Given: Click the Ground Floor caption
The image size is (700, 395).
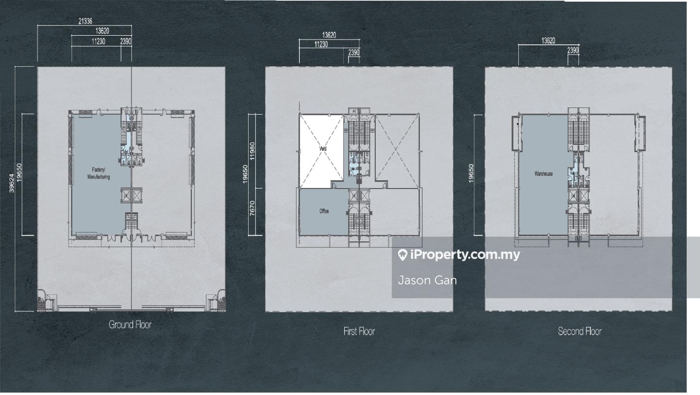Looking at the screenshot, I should tap(130, 324).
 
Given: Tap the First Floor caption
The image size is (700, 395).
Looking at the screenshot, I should tap(359, 331).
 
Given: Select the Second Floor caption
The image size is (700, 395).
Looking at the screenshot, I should tap(579, 331).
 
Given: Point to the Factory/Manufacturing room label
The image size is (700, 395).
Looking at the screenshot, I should tap(98, 173).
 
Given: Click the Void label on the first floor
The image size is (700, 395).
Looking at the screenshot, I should tap(322, 149).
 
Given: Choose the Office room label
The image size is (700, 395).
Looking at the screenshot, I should tap(324, 211).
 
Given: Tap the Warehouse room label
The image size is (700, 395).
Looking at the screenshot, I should tap(543, 174).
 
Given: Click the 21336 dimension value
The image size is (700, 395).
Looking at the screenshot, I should tap(85, 21).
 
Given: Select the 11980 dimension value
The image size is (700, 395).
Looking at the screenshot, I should tap(252, 151).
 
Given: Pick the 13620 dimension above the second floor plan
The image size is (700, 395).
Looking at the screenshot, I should tap(548, 41).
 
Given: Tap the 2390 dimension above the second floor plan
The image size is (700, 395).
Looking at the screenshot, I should tap(573, 51).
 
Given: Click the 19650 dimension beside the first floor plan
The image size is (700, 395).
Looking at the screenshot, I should tap(245, 174).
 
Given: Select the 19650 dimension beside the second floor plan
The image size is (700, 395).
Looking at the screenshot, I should tap(471, 173).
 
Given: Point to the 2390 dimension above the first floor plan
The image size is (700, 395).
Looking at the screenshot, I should tap(353, 53).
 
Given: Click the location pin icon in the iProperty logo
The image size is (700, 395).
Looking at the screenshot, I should tap(402, 255).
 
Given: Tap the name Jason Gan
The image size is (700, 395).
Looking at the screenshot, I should tap(427, 280).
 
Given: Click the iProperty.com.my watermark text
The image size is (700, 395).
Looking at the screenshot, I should tap(465, 254).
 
